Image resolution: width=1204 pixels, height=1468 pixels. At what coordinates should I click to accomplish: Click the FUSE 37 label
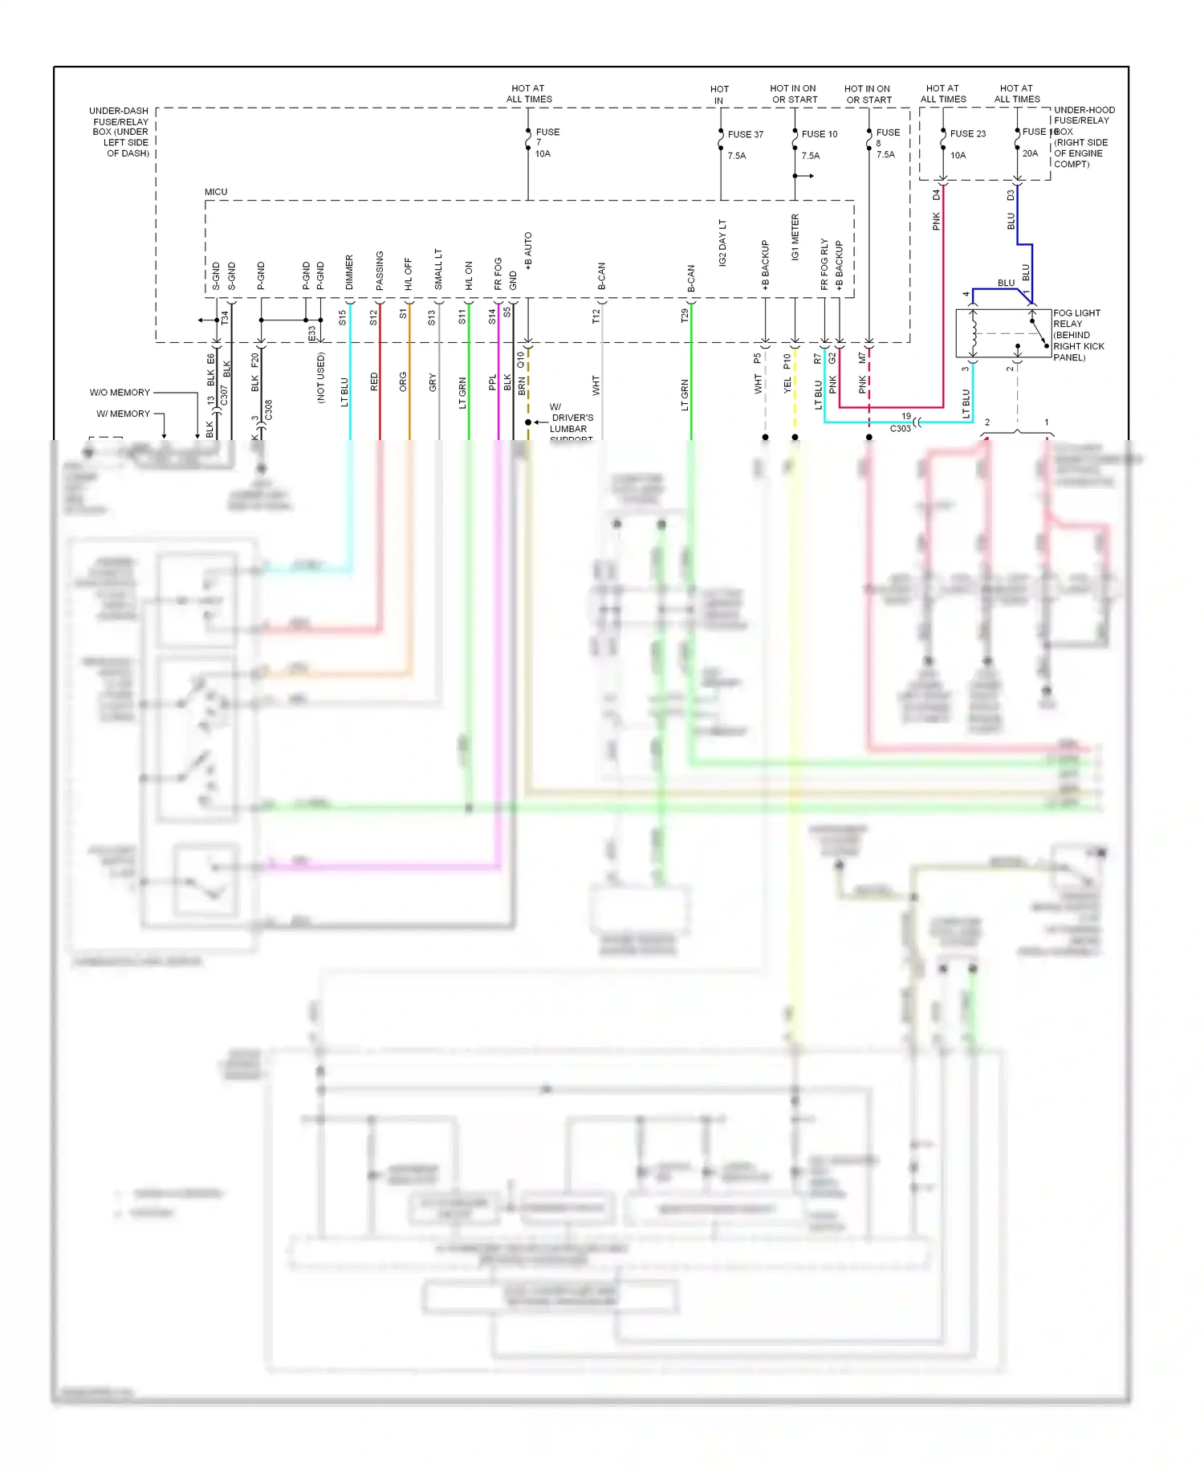[745, 134]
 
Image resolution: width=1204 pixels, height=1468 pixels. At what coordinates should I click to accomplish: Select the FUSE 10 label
[819, 134]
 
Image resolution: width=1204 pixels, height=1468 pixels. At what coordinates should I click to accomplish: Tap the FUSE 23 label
[967, 133]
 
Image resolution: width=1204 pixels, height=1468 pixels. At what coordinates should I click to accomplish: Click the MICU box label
[216, 192]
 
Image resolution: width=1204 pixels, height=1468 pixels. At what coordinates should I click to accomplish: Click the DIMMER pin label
[349, 272]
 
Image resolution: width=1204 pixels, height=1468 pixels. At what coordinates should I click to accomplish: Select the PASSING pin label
[380, 271]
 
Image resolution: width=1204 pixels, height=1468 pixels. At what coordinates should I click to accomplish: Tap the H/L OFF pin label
[409, 274]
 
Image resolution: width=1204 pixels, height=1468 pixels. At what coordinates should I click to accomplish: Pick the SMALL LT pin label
[438, 269]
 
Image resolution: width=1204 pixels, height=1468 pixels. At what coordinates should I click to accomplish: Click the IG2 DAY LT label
[722, 243]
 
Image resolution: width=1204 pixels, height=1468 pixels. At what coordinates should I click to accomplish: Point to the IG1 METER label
[795, 237]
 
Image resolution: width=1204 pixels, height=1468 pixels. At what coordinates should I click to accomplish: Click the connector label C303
[900, 429]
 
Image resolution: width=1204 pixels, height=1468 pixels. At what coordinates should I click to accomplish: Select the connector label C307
[224, 394]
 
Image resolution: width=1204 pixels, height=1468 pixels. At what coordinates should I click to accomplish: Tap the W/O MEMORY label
[120, 393]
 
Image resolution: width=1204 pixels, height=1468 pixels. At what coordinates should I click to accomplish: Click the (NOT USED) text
[320, 377]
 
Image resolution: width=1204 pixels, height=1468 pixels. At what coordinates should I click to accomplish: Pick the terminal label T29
[685, 316]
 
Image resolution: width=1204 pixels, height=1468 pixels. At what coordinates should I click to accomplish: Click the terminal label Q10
[520, 359]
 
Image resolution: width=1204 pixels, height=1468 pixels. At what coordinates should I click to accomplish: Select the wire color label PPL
[492, 383]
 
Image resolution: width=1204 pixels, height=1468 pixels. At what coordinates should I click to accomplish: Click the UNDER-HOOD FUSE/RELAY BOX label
[1083, 137]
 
